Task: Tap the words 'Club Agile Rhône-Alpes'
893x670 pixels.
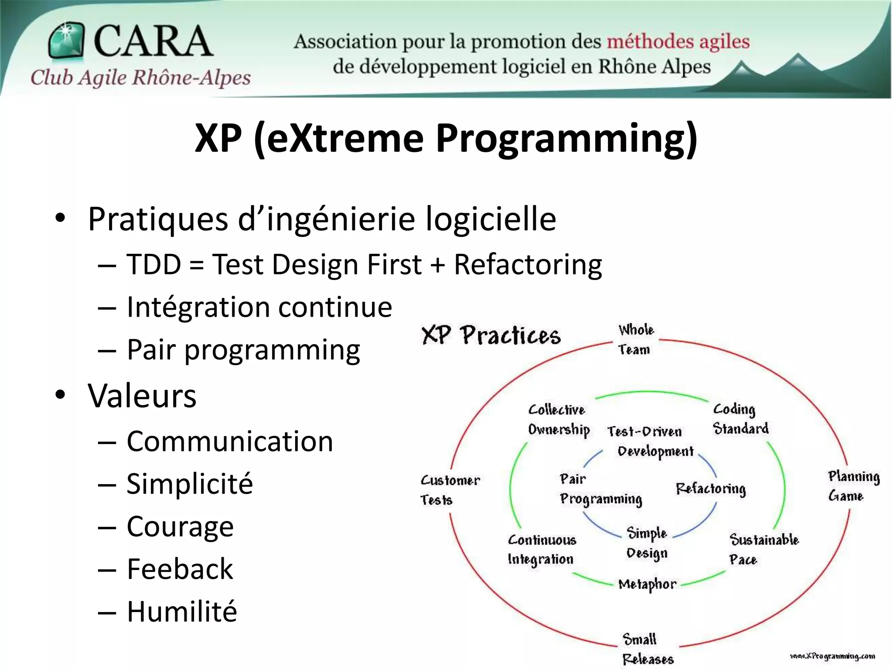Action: click(140, 78)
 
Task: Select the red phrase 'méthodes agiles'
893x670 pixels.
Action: click(678, 42)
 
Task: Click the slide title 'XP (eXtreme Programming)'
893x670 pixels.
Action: click(446, 138)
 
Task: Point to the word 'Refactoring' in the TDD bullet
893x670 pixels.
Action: click(528, 264)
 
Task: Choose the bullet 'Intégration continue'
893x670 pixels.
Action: click(259, 307)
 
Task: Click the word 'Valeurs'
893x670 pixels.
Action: click(142, 396)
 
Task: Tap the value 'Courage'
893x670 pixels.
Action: click(180, 526)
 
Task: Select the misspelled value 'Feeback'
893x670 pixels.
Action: click(180, 569)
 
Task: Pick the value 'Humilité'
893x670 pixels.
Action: click(182, 611)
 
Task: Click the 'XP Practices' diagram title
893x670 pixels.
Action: click(491, 335)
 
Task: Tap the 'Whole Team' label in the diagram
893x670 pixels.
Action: click(635, 339)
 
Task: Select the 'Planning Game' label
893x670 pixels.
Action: click(853, 486)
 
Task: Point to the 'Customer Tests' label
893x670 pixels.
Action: click(449, 490)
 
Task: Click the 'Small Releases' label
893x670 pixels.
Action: click(647, 649)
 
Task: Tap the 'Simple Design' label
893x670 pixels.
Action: click(647, 543)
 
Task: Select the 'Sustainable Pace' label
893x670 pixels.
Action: click(763, 549)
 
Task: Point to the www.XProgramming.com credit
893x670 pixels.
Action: click(832, 656)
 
